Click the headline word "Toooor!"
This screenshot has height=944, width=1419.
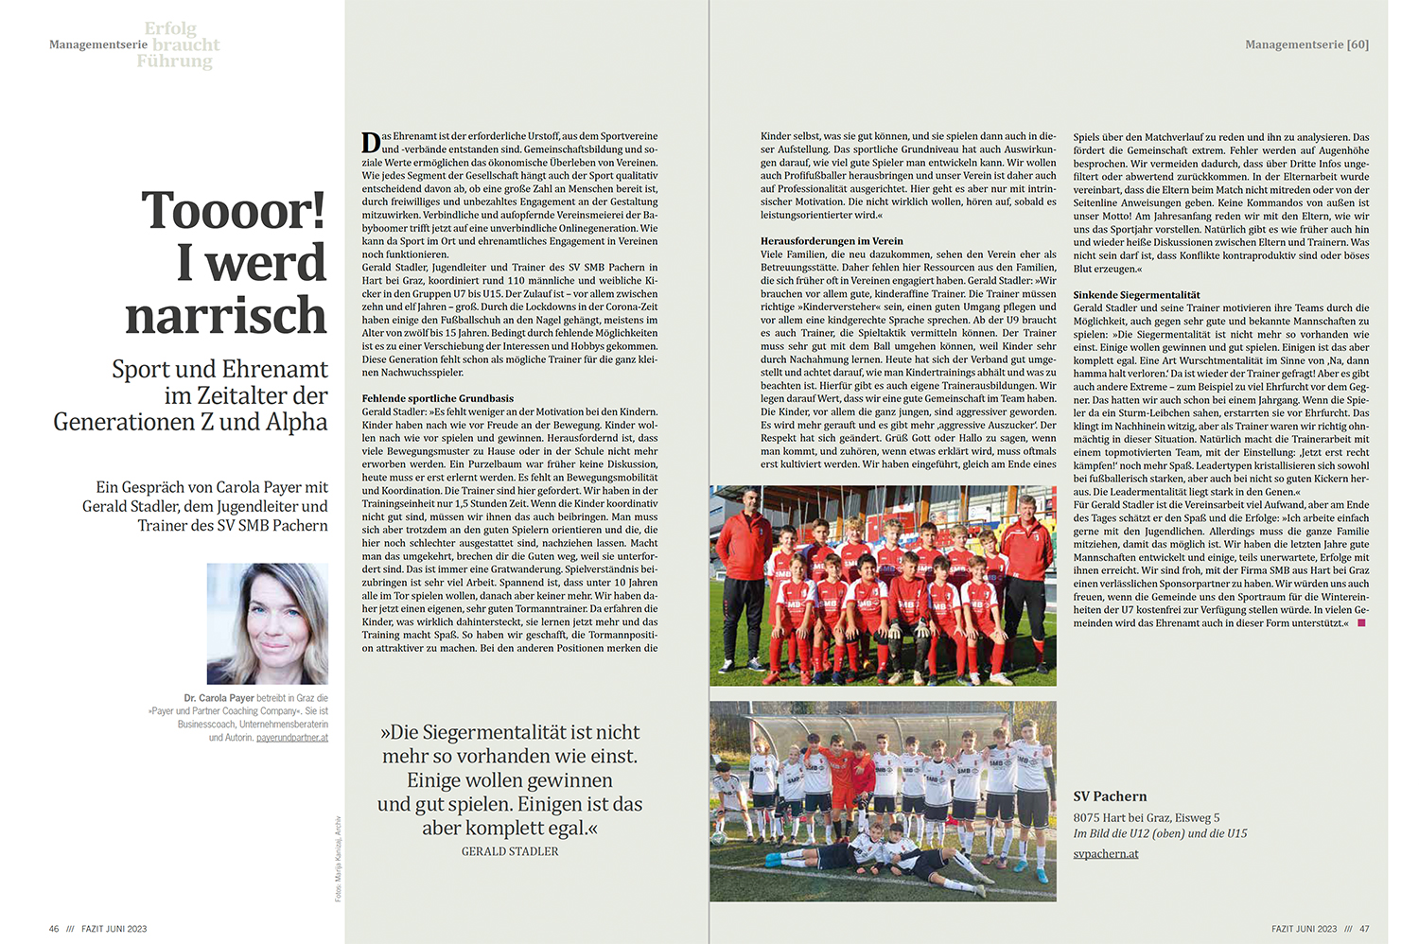point(233,210)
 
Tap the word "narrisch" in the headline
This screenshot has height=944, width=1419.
point(226,316)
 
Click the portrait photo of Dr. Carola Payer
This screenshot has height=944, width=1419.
point(268,623)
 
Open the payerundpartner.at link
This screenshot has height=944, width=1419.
point(292,738)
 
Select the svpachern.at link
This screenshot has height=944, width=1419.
point(1105,854)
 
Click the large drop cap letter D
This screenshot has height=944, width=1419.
point(371,143)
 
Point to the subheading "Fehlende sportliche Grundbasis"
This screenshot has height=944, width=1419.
point(437,398)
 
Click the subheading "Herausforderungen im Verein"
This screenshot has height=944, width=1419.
point(832,241)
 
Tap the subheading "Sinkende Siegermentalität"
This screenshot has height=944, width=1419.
point(1136,295)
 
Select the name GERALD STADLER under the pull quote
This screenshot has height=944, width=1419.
point(510,852)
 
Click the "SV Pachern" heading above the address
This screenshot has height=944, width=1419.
point(1110,796)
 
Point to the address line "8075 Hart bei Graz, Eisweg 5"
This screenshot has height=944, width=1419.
point(1146,817)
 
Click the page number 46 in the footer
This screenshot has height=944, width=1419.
point(54,929)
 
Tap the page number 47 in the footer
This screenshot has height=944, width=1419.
point(1364,929)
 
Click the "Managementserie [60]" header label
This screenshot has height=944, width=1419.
point(1306,44)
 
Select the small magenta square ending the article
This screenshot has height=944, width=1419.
point(1361,622)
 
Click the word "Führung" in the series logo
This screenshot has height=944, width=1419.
point(174,61)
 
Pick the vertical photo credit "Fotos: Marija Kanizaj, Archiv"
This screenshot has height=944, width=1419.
point(338,858)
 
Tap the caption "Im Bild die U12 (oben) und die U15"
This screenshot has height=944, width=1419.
point(1160,833)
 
